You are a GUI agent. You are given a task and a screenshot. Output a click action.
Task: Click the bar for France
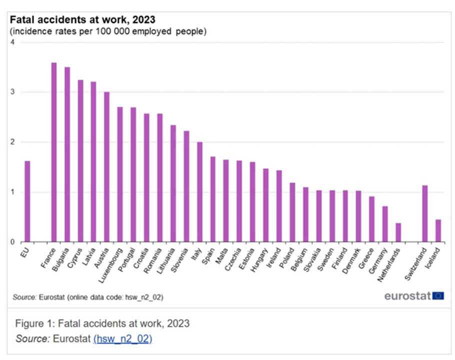(54, 152)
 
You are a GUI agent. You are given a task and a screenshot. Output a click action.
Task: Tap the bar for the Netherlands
(398, 232)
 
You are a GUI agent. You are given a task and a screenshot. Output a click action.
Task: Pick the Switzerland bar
(425, 214)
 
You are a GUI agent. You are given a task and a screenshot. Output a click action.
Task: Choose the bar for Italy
(199, 192)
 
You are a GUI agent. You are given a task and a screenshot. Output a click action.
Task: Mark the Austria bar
(107, 167)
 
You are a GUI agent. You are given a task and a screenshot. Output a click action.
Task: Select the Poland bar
(292, 212)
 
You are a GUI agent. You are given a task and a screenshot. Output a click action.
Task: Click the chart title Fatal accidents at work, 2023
(82, 20)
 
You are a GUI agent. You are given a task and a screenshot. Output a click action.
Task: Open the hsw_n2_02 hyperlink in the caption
(122, 338)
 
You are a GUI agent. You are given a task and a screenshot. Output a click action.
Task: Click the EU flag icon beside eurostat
(438, 295)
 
